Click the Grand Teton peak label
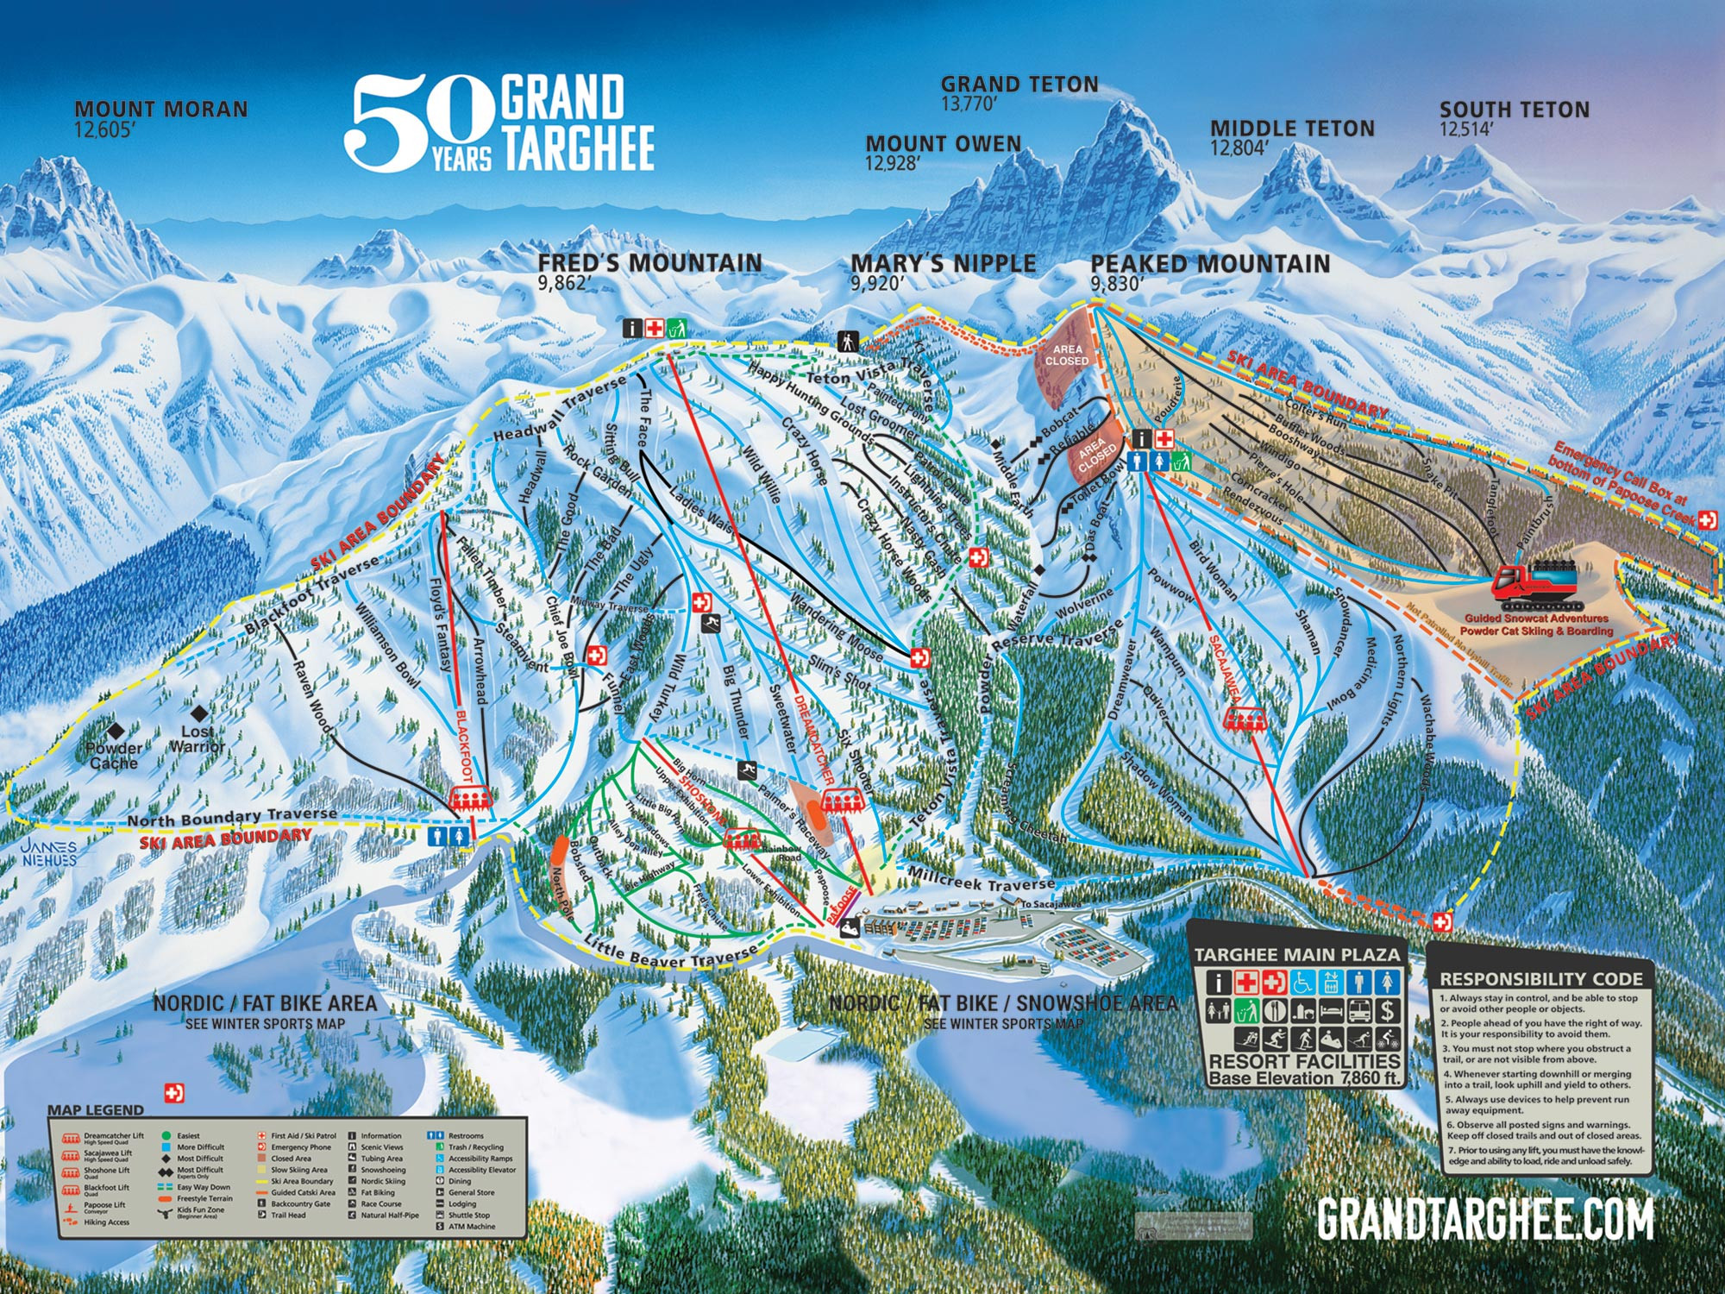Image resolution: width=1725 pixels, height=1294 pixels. click(x=1019, y=85)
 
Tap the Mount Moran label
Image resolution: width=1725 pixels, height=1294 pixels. click(x=161, y=110)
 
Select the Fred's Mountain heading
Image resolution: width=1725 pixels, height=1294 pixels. click(x=650, y=263)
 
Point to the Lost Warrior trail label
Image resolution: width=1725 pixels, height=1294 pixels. click(x=198, y=738)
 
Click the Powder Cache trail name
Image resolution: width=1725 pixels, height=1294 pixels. click(x=114, y=756)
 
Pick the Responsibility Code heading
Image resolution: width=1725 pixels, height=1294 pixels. click(x=1541, y=979)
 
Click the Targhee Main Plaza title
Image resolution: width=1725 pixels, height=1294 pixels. click(x=1296, y=955)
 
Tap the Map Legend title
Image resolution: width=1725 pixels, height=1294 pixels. click(x=95, y=1110)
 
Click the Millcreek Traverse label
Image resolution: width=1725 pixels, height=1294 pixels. click(x=981, y=880)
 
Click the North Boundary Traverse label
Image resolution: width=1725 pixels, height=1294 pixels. click(x=232, y=816)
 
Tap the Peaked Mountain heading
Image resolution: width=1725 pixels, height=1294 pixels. click(x=1210, y=264)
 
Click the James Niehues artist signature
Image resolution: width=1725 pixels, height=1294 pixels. click(x=50, y=853)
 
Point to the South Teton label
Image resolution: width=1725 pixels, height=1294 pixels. click(x=1514, y=110)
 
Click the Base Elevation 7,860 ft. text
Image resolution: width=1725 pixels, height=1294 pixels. click(x=1305, y=1078)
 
